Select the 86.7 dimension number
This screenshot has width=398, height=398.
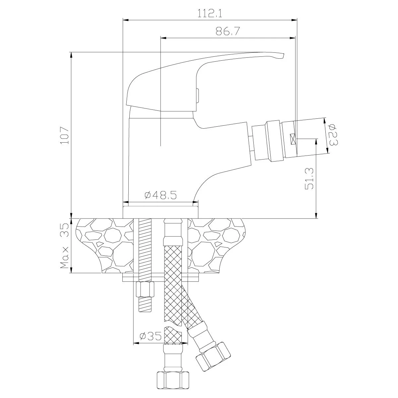point(228,31)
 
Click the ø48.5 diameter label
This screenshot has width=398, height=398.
point(161,195)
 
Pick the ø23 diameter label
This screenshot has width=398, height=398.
point(333,135)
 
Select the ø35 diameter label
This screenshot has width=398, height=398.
point(151,336)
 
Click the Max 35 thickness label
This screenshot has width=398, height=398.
point(64,245)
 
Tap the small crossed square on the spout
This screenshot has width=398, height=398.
point(293,139)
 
